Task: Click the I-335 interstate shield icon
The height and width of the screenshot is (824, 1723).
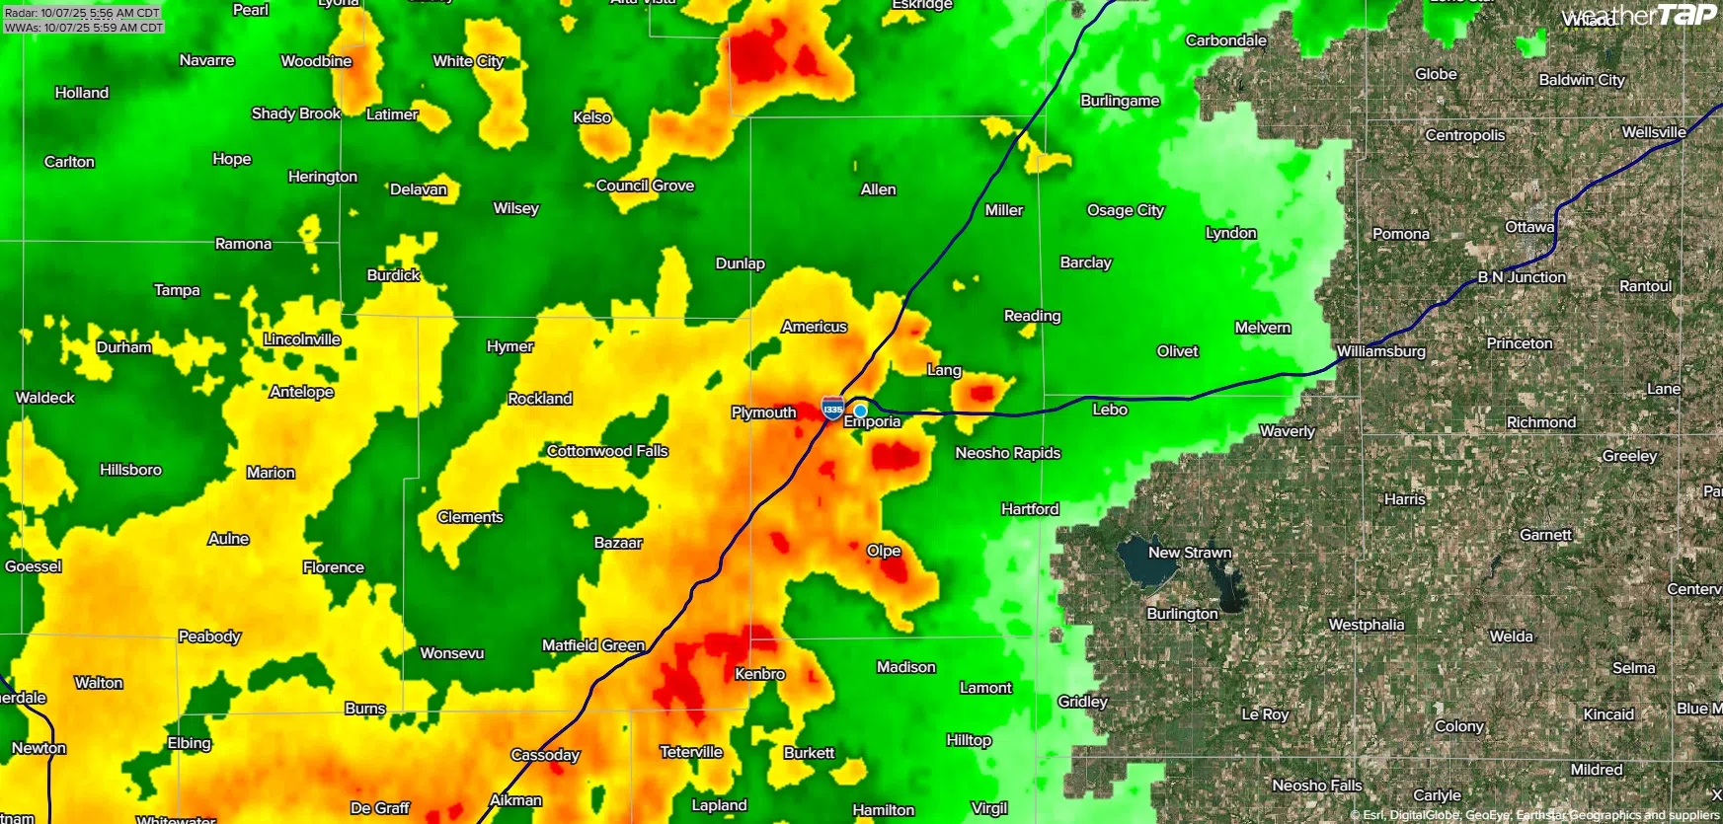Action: [832, 409]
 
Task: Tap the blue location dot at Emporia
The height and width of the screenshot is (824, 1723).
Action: [861, 411]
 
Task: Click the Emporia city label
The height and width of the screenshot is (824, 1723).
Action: [873, 422]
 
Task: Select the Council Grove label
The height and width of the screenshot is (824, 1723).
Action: [645, 186]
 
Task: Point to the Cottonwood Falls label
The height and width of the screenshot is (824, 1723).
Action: [607, 451]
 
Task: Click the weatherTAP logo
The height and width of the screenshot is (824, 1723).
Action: [1639, 15]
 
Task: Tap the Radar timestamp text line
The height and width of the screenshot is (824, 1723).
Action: [82, 13]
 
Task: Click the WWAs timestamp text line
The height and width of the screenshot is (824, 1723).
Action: [83, 28]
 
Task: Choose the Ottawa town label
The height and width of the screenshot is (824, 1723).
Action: [1529, 227]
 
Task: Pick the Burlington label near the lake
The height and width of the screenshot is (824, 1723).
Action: [1182, 614]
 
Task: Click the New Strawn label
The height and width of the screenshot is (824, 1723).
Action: [1189, 553]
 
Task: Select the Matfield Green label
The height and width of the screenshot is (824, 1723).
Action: [593, 645]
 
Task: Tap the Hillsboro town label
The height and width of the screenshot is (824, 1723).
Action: [130, 470]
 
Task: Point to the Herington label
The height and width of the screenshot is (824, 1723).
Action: [323, 177]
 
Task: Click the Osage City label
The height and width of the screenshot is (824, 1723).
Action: [1126, 210]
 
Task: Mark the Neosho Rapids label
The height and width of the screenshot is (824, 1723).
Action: [1007, 453]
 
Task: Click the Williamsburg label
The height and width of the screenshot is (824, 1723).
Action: [1380, 351]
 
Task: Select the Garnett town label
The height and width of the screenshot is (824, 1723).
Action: [1545, 535]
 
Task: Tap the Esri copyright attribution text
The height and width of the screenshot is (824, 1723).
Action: [1534, 815]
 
